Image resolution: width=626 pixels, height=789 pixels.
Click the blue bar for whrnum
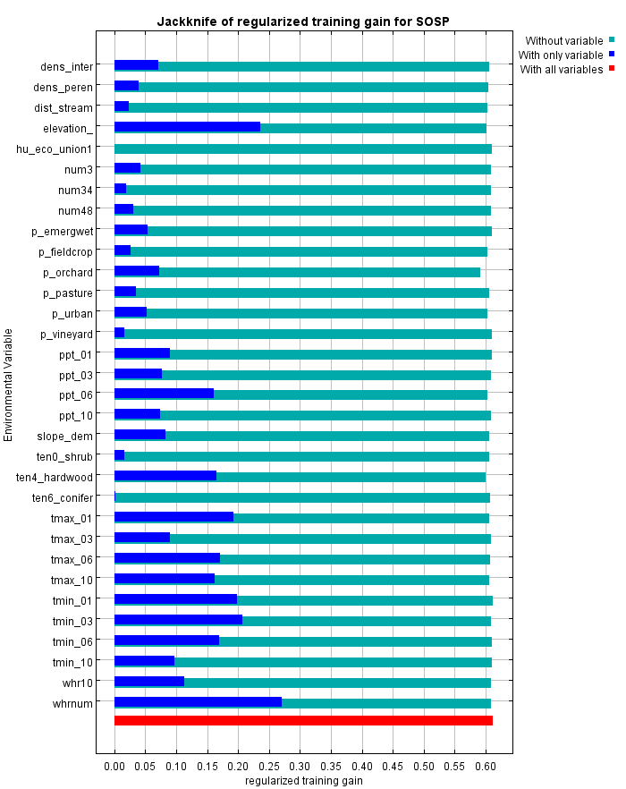pos(198,702)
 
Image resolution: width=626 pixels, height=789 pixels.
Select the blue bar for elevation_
pos(187,127)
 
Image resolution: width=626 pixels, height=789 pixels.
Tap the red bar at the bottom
pos(303,720)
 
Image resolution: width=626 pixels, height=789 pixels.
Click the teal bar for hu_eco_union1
pos(303,148)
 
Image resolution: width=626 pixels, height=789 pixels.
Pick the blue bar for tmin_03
pos(178,620)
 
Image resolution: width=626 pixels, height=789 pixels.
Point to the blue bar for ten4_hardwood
pos(165,476)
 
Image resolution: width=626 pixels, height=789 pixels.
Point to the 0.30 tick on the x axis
pos(300,767)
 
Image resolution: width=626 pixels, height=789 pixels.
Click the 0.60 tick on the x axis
pos(486,767)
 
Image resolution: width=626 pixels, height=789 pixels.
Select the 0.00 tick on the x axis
pos(114,767)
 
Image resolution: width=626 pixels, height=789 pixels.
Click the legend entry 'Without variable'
pos(563,40)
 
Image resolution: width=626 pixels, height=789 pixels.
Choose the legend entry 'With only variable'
pos(562,55)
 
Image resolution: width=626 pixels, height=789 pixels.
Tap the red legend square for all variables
pos(612,69)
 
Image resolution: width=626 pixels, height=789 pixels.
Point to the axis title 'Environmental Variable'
pos(9,384)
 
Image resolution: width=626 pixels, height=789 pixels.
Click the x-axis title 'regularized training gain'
pos(303,781)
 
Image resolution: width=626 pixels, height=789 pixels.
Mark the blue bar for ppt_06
pos(164,394)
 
